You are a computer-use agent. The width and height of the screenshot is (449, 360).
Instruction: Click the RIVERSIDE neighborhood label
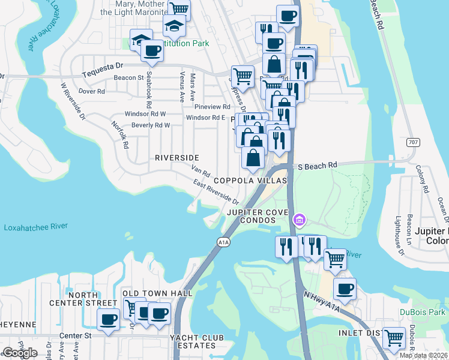pos(176,158)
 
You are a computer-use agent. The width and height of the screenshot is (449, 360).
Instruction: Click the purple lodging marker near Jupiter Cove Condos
pos(298,221)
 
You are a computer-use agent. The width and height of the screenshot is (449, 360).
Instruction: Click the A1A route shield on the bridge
pos(222,241)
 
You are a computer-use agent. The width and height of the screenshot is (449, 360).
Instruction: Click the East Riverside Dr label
pos(216,194)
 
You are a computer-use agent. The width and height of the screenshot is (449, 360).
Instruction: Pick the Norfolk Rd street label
pos(120,135)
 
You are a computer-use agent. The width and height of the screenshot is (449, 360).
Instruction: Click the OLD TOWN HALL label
pos(157,293)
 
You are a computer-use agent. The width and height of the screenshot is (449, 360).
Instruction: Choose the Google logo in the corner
pos(20,353)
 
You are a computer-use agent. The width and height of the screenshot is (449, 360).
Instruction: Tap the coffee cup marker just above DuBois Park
pos(345,289)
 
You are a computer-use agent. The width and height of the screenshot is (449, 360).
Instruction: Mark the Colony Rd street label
pos(421,179)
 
